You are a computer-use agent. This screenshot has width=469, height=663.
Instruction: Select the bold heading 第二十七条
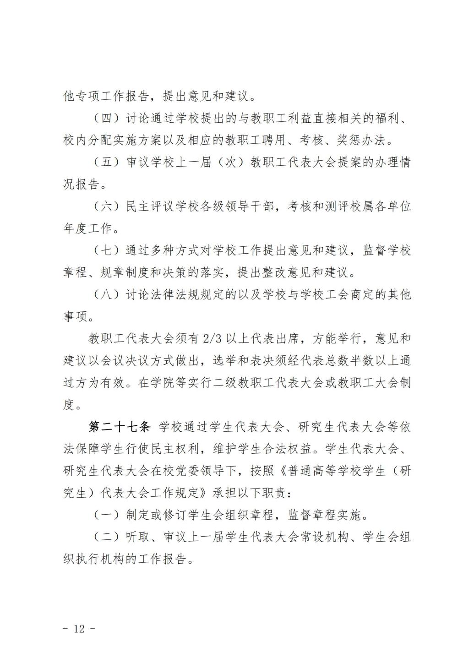pyautogui.click(x=120, y=427)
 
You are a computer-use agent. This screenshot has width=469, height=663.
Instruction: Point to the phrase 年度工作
pyautogui.click(x=87, y=228)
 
